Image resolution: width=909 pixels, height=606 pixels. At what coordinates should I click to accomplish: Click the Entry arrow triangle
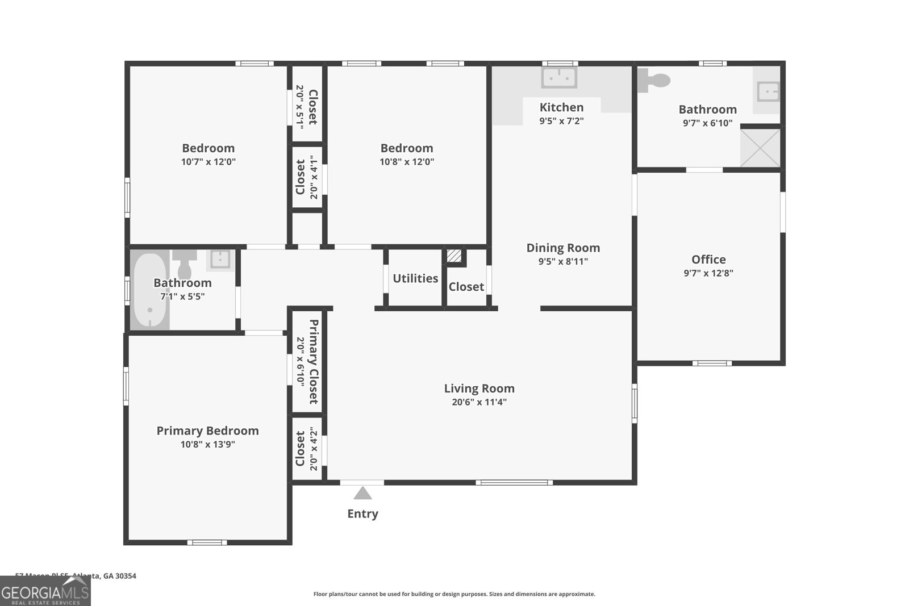[x=362, y=493]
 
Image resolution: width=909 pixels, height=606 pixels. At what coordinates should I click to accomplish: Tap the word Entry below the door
[x=362, y=514]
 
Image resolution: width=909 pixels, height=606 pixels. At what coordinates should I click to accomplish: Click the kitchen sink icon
[x=559, y=77]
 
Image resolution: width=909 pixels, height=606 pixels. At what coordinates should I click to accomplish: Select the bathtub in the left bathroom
[x=150, y=291]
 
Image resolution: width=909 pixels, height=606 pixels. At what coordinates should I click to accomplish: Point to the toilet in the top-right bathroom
[x=653, y=81]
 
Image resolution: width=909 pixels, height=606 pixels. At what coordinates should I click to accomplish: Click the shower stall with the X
[x=760, y=148]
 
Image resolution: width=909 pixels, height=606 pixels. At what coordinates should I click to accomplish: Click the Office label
[x=708, y=260]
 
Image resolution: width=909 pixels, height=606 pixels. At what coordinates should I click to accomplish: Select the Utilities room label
[x=415, y=278]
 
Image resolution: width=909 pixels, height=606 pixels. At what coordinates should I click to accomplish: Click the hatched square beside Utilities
[x=454, y=256]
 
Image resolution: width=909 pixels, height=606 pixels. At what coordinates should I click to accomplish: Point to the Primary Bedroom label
[x=207, y=431]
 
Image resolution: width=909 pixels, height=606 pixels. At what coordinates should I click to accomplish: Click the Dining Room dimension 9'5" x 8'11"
[x=563, y=262]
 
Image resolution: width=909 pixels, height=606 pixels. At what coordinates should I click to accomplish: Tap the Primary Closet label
[x=313, y=362]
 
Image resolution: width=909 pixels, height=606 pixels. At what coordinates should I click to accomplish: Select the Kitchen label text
[x=561, y=107]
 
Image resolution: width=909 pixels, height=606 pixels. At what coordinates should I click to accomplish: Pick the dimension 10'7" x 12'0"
[x=208, y=162]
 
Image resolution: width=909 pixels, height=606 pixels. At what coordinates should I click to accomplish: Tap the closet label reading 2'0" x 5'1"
[x=299, y=107]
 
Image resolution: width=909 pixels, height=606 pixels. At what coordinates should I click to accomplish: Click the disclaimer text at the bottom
[x=454, y=594]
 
